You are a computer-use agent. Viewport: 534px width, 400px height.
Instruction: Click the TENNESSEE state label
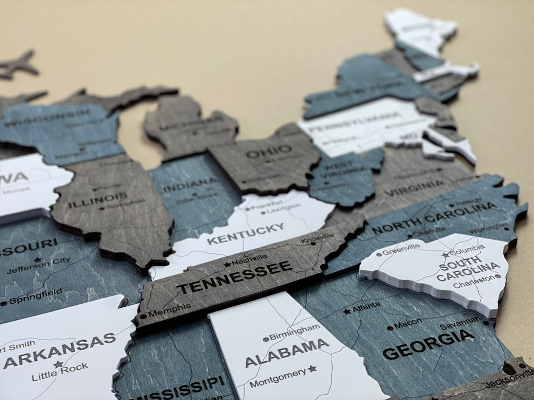click(x=234, y=277)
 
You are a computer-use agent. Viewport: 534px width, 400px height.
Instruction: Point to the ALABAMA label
click(x=287, y=352)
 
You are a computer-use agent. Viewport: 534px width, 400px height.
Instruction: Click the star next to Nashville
click(x=227, y=264)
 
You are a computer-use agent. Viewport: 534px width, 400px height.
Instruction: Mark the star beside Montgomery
click(x=312, y=369)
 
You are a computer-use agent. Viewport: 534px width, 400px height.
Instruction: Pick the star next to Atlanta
click(x=347, y=311)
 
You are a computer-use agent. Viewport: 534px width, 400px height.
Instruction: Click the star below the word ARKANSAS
click(x=58, y=365)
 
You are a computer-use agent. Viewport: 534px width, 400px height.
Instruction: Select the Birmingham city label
click(x=295, y=331)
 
